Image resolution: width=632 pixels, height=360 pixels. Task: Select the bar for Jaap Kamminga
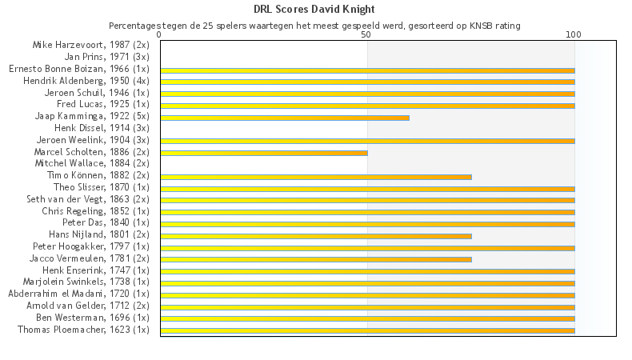point(285,118)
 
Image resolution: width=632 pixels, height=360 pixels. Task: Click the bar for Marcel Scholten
point(264,153)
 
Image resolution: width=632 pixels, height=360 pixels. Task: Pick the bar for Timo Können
point(316,177)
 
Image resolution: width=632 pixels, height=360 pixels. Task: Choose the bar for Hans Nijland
point(316,236)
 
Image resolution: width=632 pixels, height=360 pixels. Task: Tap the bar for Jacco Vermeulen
point(316,259)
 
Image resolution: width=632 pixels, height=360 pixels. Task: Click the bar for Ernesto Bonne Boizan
point(367,70)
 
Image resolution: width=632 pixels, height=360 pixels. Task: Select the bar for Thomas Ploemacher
point(367,330)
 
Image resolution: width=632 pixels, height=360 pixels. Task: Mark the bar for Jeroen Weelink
point(367,141)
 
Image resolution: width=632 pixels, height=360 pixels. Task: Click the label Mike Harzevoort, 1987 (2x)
point(90,45)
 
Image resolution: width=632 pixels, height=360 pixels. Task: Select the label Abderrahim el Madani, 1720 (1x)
point(78,294)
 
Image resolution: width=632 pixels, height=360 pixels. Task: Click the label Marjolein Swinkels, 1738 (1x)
point(84,282)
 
